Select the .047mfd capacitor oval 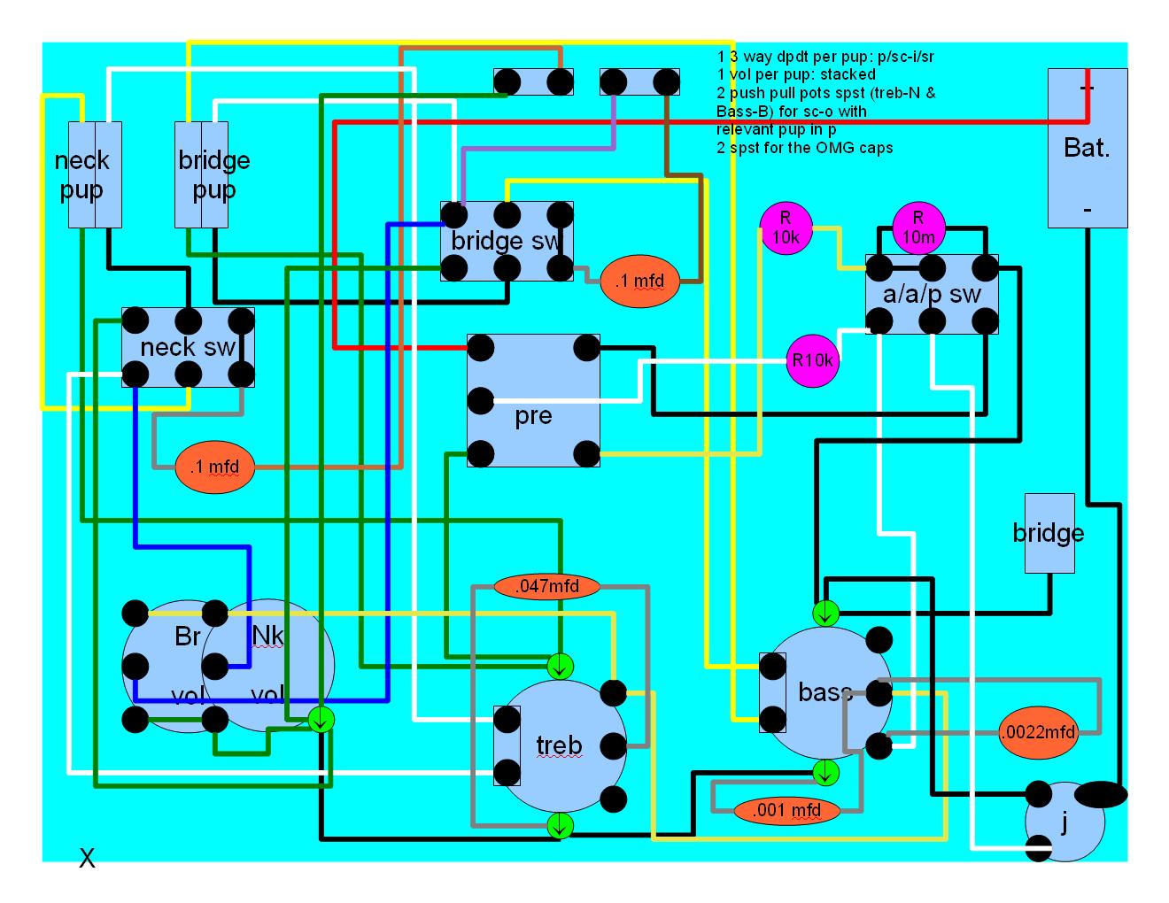547,586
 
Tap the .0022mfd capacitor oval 1038,732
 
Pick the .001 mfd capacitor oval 786,809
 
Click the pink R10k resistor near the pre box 812,360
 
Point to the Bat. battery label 1087,147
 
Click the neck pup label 82,174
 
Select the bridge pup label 213,174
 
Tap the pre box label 533,416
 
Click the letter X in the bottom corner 87,858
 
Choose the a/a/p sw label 932,295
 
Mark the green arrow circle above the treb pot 560,665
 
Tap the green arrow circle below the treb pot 560,826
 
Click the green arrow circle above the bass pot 825,613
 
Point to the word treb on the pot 559,745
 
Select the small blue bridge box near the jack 1049,533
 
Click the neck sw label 188,347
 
